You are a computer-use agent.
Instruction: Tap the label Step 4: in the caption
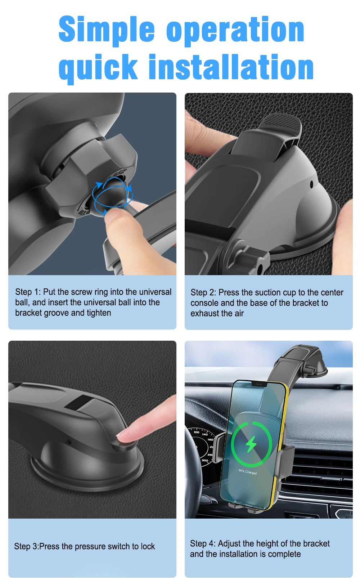(x=203, y=543)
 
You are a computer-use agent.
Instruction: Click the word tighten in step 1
(x=99, y=313)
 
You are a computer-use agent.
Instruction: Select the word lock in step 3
(x=148, y=546)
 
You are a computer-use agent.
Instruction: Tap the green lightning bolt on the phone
(x=251, y=444)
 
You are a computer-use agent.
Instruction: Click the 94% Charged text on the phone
(x=248, y=472)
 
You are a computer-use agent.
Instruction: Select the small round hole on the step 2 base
(x=311, y=184)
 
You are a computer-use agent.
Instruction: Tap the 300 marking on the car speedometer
(x=205, y=460)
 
